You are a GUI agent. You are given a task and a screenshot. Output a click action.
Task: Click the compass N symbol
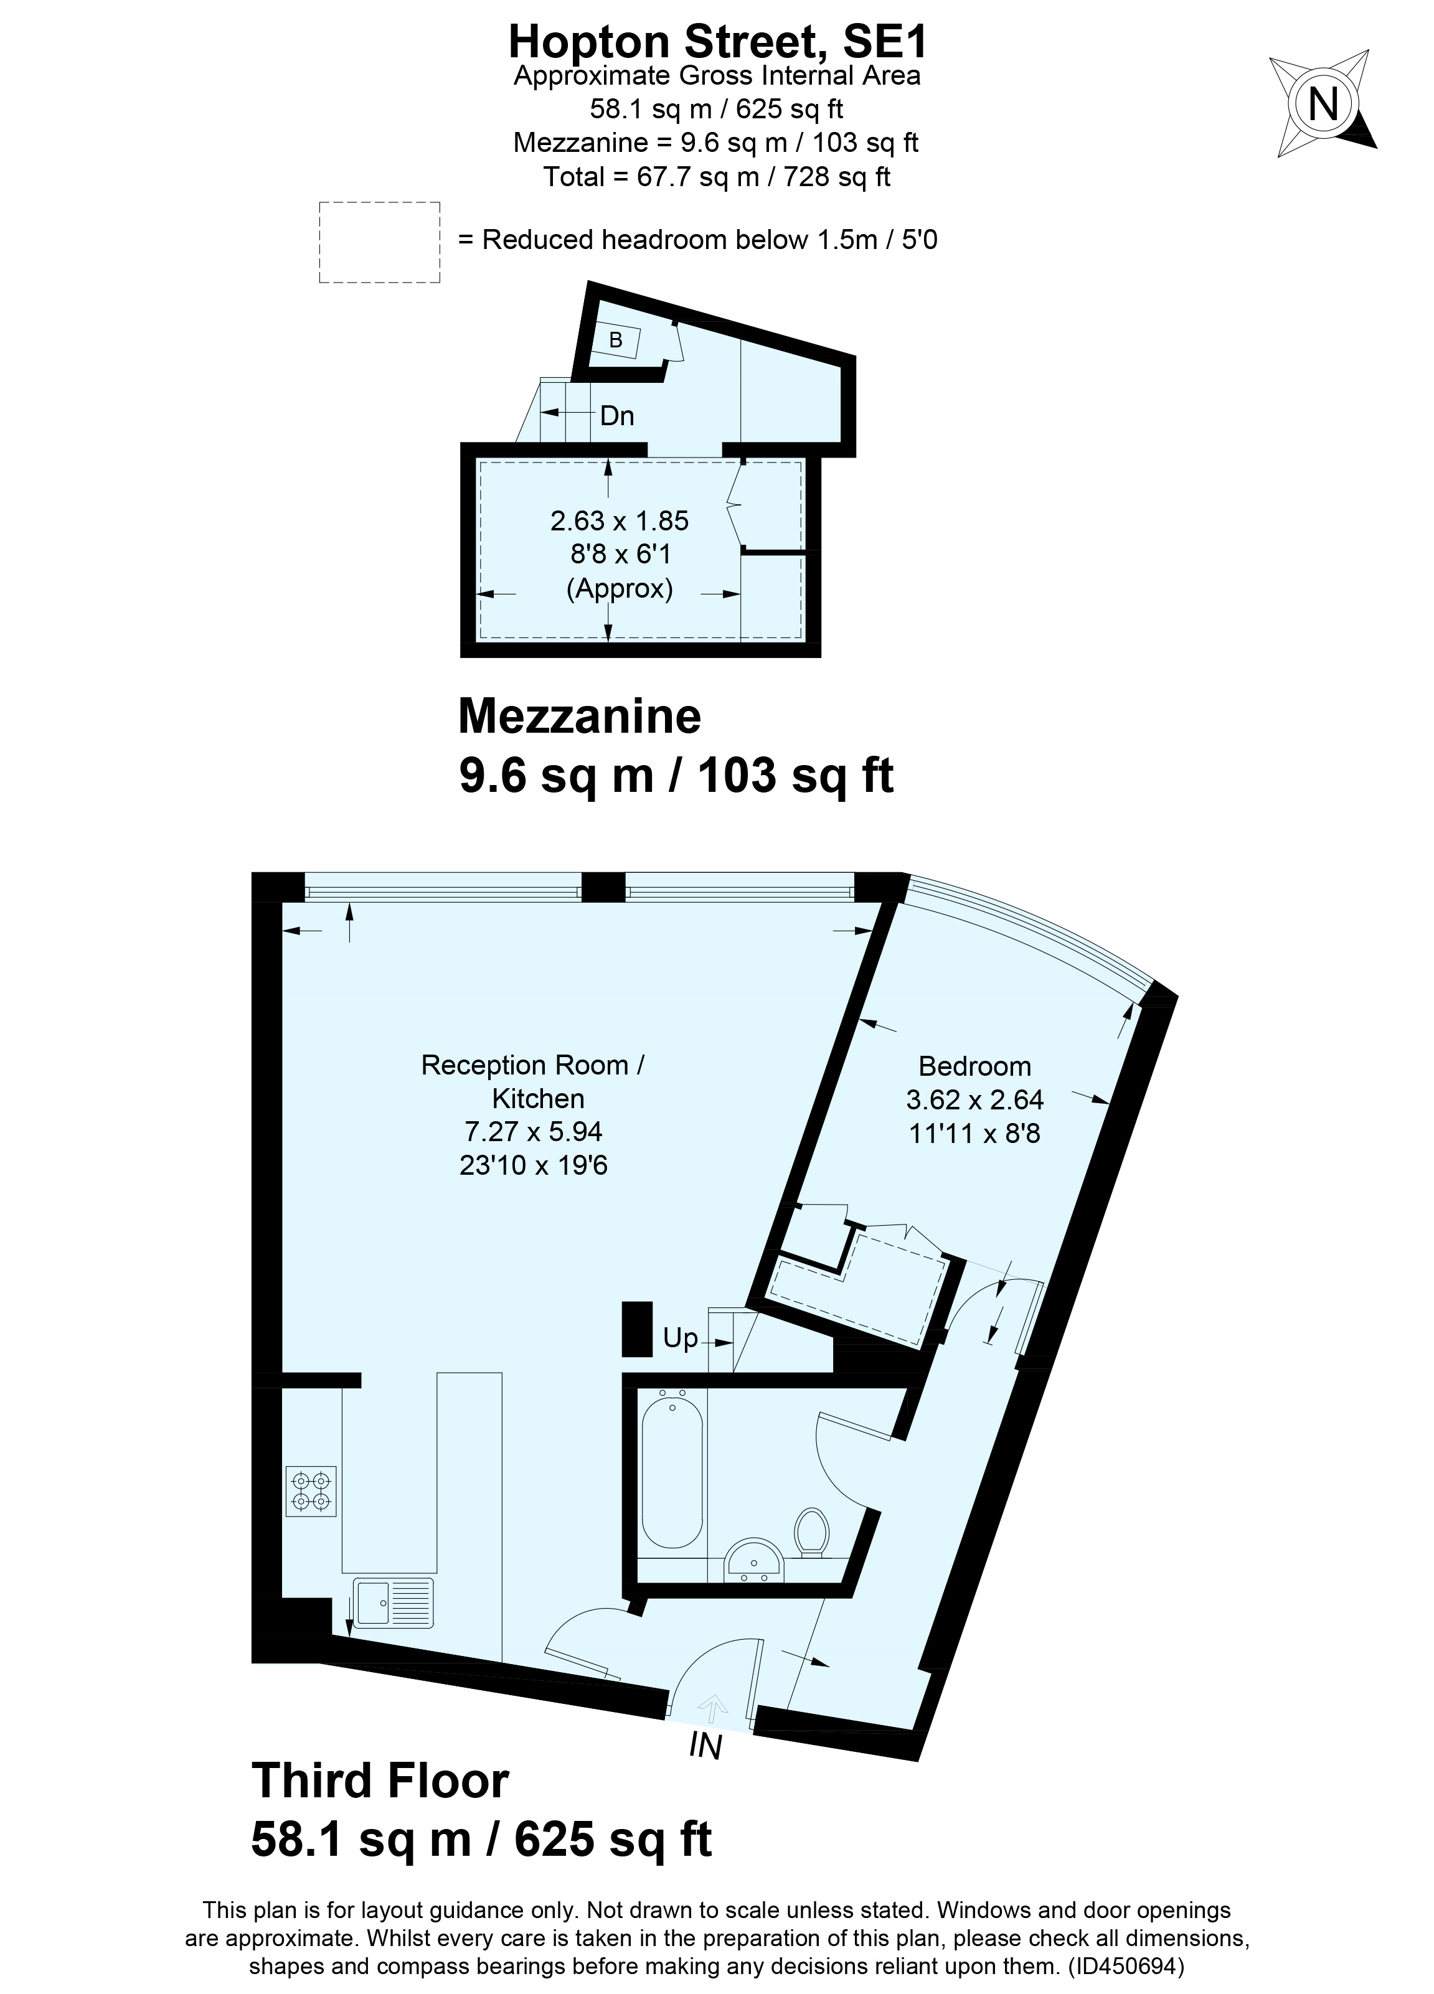pyautogui.click(x=1323, y=105)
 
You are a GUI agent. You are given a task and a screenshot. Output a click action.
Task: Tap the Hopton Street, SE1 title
pyautogui.click(x=717, y=41)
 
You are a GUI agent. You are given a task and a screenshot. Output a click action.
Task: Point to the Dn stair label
pyautogui.click(x=616, y=416)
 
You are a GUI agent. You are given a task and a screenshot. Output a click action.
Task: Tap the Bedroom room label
pyautogui.click(x=974, y=1066)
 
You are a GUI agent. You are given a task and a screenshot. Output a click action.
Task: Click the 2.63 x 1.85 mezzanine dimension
pyautogui.click(x=619, y=521)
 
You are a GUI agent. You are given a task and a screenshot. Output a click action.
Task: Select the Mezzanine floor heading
pyautogui.click(x=580, y=717)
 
